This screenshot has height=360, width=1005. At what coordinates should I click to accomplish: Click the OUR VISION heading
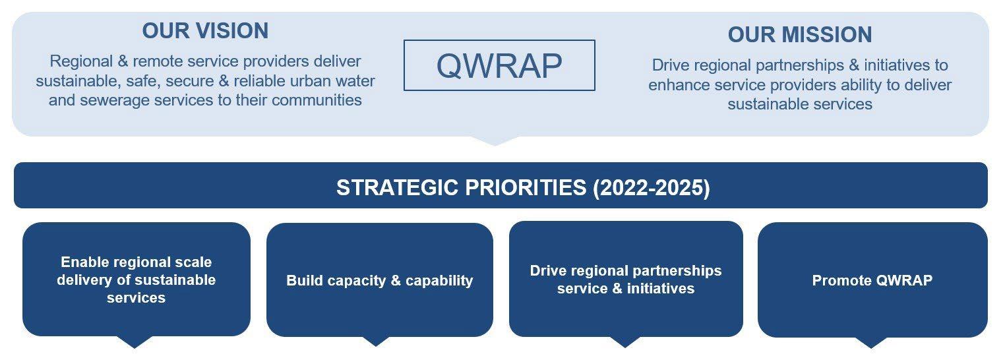pyautogui.click(x=205, y=31)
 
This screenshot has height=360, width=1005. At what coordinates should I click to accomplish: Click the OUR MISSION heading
pyautogui.click(x=800, y=34)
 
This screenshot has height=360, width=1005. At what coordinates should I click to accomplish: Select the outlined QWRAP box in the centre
pyautogui.click(x=499, y=65)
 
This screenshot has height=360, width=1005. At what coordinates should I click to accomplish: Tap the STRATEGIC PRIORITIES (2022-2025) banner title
pyautogui.click(x=523, y=187)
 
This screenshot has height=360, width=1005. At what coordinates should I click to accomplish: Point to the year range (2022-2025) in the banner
pyautogui.click(x=652, y=187)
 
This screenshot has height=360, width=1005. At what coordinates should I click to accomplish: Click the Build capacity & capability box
pyautogui.click(x=380, y=280)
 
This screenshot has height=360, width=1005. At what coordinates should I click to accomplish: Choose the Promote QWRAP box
pyautogui.click(x=872, y=280)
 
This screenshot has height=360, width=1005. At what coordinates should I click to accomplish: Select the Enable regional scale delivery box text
pyautogui.click(x=136, y=280)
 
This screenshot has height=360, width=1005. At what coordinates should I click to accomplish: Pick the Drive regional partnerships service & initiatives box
pyautogui.click(x=626, y=279)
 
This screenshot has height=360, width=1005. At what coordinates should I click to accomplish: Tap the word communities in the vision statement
pyautogui.click(x=317, y=100)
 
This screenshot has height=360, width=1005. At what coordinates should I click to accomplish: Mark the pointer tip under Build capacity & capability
pyautogui.click(x=375, y=346)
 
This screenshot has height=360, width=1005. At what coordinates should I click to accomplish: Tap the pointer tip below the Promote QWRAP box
pyautogui.click(x=871, y=348)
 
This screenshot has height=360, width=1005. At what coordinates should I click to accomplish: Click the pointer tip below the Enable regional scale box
pyautogui.click(x=134, y=348)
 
